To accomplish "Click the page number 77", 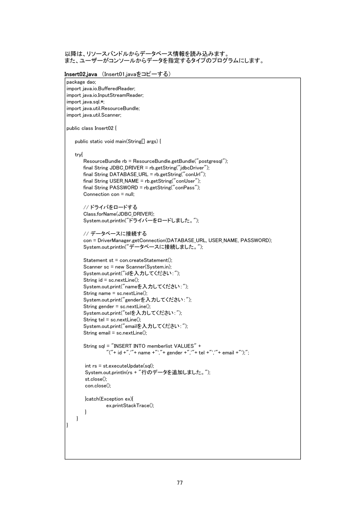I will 180,482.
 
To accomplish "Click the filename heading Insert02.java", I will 81,74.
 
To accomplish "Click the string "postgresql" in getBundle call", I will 214,161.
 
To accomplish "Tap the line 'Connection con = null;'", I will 109,194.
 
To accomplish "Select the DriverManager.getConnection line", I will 178,240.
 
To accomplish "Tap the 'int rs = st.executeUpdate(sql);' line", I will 119,366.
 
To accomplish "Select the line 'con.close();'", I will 98,385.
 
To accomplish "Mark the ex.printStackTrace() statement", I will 130,405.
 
